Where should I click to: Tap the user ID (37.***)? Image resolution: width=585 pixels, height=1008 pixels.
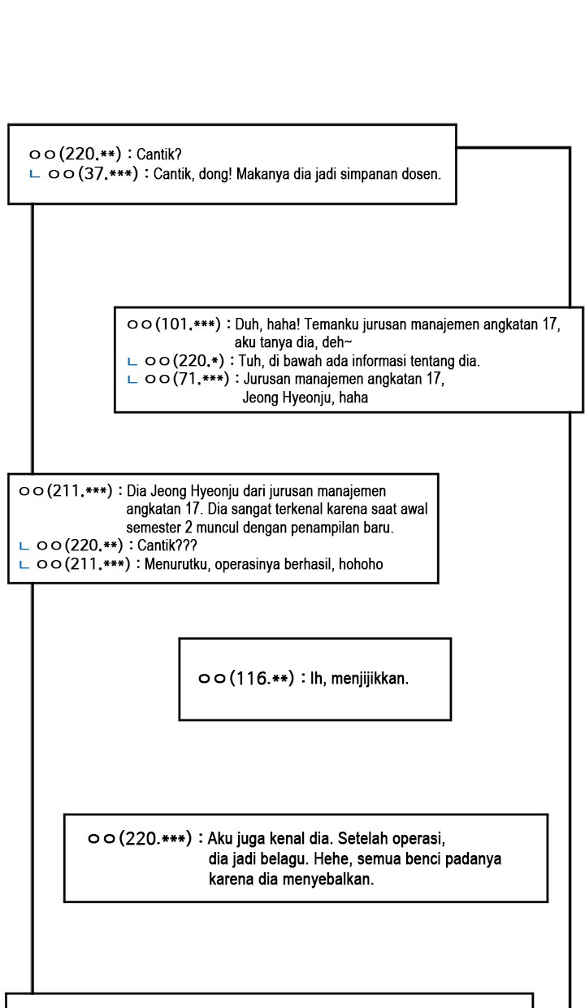pos(108,174)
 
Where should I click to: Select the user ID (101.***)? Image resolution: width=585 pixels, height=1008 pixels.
pos(188,324)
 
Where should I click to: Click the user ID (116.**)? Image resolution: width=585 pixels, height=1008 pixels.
pos(262,678)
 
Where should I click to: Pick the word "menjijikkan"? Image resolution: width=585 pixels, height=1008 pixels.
pos(370,678)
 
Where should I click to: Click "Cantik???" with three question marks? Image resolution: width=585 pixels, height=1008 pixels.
pos(167,545)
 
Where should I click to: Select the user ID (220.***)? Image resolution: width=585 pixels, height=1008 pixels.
pos(155,838)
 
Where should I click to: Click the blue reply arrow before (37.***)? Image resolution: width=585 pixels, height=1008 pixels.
pos(34,174)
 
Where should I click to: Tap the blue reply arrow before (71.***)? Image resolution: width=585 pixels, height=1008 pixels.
pos(132,380)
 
